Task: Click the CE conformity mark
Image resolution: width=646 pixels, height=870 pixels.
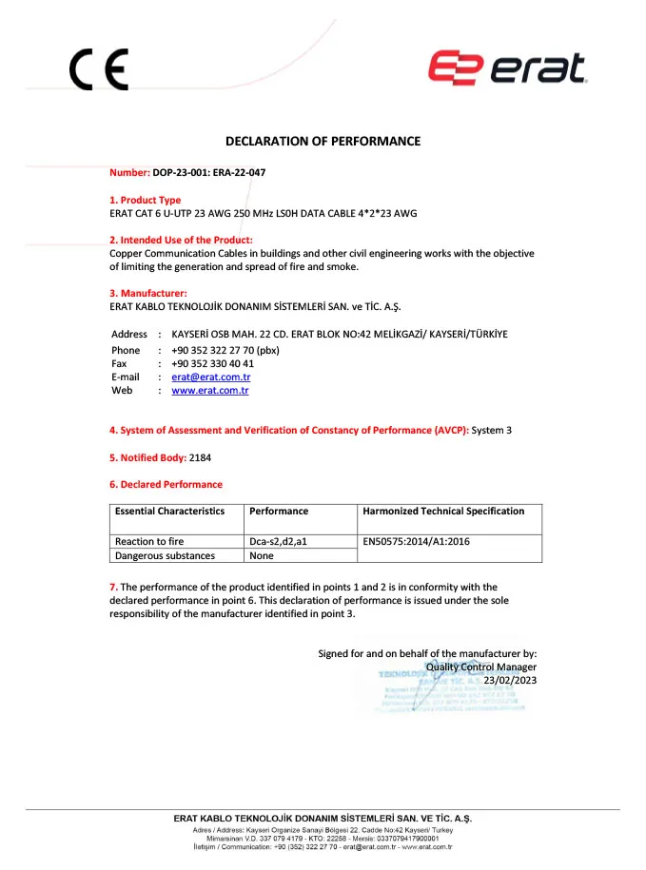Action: pos(98,69)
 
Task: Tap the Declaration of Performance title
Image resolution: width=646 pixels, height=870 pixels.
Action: pos(323,142)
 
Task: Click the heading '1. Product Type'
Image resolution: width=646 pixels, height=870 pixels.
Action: pos(145,200)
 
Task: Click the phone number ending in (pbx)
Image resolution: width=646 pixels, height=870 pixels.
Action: pos(225,350)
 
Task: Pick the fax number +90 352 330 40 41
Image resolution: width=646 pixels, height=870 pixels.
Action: pos(212,363)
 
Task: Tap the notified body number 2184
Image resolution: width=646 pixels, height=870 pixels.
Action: pos(200,457)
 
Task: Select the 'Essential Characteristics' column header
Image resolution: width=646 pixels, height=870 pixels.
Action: pos(169,512)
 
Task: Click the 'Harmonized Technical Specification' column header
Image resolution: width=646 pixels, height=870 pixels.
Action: pos(443,512)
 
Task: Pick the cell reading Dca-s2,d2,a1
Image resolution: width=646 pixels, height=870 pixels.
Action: pos(278,541)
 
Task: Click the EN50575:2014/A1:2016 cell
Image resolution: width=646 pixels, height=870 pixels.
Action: pos(417,541)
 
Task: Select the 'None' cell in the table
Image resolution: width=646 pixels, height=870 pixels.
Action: pos(261,555)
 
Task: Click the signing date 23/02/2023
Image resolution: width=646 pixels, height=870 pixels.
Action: pos(511,680)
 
